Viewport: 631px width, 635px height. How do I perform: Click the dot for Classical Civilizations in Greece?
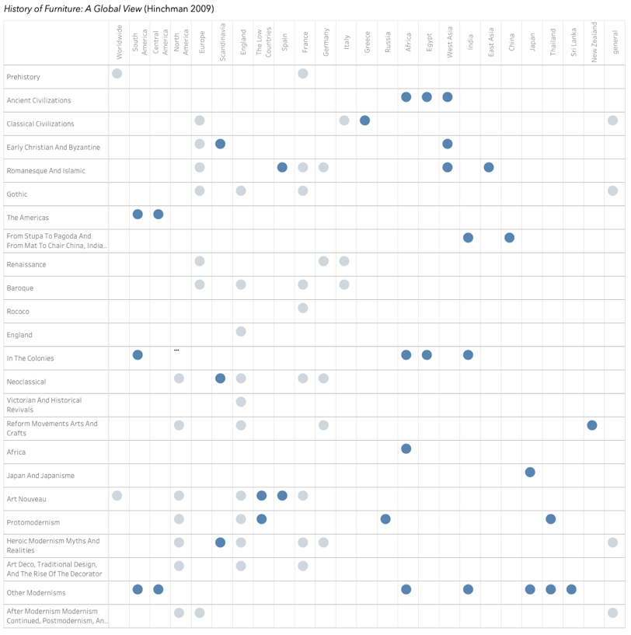click(x=364, y=120)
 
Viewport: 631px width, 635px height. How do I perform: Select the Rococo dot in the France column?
click(x=303, y=308)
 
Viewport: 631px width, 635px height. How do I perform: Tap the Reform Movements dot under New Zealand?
click(x=592, y=425)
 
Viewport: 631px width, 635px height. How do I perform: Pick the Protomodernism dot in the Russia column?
click(x=385, y=518)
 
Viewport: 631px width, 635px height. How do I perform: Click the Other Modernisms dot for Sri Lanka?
click(x=571, y=589)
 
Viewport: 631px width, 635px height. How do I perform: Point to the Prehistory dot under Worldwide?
click(x=117, y=74)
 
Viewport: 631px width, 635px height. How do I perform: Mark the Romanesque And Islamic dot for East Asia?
click(x=489, y=167)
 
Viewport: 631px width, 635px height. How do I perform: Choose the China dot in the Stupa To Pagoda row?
click(x=509, y=238)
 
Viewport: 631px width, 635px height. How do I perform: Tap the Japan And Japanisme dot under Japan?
click(x=530, y=472)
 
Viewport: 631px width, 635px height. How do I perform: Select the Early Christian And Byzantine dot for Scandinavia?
click(x=221, y=144)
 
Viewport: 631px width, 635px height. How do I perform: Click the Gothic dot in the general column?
click(x=612, y=190)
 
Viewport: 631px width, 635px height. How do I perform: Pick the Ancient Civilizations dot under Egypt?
click(x=427, y=97)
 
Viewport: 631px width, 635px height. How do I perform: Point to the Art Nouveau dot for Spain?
click(x=282, y=495)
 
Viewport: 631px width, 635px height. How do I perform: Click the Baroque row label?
click(x=20, y=288)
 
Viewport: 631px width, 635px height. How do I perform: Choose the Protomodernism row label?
click(x=33, y=522)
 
